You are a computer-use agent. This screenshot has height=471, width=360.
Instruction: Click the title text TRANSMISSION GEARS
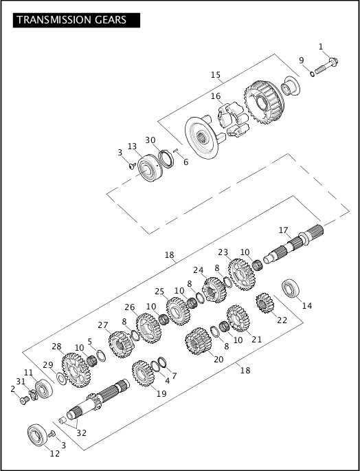pos(71,19)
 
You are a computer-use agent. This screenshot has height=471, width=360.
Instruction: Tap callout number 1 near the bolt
pos(320,46)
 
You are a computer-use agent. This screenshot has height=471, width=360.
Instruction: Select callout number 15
pos(216,74)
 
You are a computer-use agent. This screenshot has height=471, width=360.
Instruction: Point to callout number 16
pos(216,96)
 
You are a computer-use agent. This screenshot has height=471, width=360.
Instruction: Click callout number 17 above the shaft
pos(283,230)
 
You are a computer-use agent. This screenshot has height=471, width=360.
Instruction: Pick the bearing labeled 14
pos(291,289)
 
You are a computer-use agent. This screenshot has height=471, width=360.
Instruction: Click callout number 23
pos(223,252)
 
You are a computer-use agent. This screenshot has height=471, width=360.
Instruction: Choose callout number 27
pos(103,325)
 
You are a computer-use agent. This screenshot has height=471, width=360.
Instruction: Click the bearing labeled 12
pos(36,435)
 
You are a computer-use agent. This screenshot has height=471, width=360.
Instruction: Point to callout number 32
pos(82,433)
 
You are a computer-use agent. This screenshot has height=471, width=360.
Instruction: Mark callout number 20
pos(218,358)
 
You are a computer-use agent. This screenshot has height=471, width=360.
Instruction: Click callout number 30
pos(150,140)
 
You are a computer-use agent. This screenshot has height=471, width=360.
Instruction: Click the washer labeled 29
pos(62,379)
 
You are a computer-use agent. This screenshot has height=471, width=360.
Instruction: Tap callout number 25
pos(159,291)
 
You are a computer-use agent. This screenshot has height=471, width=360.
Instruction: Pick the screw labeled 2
pos(25,399)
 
